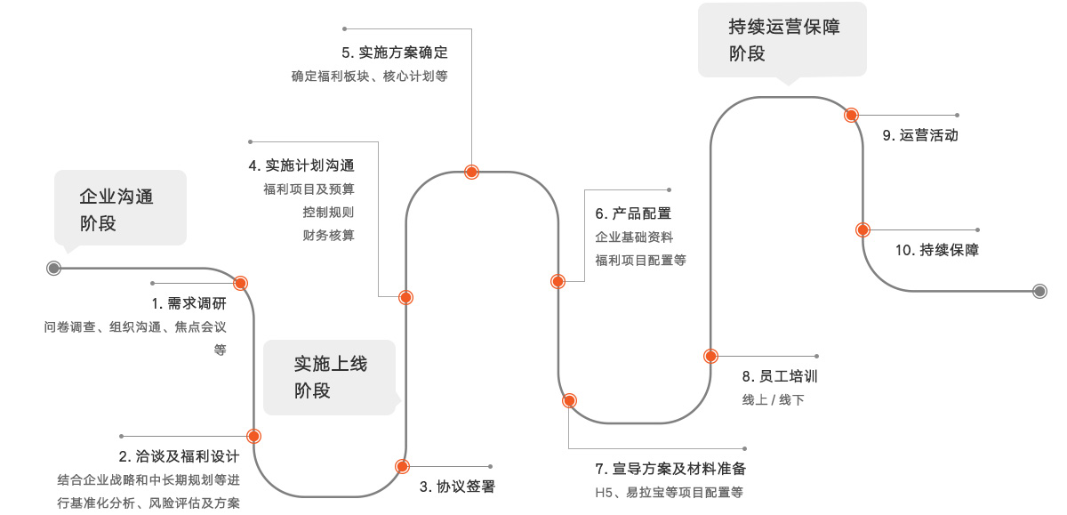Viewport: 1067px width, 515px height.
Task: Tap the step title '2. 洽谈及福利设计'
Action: pyautogui.click(x=179, y=457)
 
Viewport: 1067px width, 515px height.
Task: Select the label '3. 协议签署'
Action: pyautogui.click(x=457, y=487)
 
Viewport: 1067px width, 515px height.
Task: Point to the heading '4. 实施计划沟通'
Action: pyautogui.click(x=301, y=165)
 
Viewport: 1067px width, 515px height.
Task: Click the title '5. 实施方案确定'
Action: pyautogui.click(x=395, y=52)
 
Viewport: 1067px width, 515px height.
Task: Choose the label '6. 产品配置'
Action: pyautogui.click(x=633, y=213)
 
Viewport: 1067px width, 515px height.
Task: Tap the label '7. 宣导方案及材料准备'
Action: pyautogui.click(x=670, y=469)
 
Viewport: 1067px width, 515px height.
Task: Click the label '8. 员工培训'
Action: pyautogui.click(x=780, y=376)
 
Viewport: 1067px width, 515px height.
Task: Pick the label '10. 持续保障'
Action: pyautogui.click(x=936, y=250)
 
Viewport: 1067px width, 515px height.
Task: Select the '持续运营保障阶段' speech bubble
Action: pyautogui.click(x=782, y=40)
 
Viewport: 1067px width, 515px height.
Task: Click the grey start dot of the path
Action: pyautogui.click(x=53, y=268)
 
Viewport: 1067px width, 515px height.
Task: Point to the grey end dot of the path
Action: pyautogui.click(x=1039, y=291)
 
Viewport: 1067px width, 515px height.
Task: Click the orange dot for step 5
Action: pyautogui.click(x=472, y=173)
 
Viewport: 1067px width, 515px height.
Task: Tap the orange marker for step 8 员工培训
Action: pyautogui.click(x=710, y=356)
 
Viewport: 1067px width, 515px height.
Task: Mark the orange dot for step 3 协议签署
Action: pyautogui.click(x=403, y=466)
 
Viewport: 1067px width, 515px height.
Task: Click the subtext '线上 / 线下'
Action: pyautogui.click(x=773, y=400)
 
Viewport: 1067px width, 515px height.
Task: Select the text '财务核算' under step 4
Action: pyautogui.click(x=328, y=236)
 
